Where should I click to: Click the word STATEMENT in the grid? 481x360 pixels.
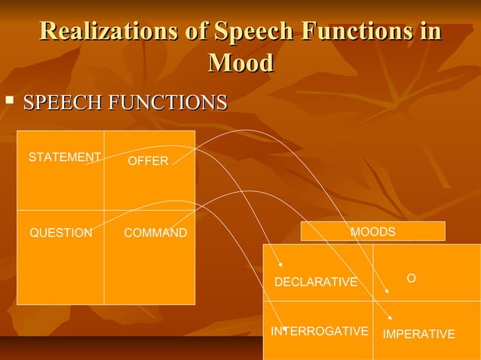click(x=64, y=157)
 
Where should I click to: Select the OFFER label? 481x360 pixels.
click(x=148, y=161)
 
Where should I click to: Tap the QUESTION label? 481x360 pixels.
click(x=60, y=233)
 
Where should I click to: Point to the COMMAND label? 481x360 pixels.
click(x=155, y=233)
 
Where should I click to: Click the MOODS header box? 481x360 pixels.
click(x=372, y=231)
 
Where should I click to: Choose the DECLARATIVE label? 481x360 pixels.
click(x=315, y=282)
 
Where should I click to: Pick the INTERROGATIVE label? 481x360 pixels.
click(x=320, y=331)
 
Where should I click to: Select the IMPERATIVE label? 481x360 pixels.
click(x=418, y=334)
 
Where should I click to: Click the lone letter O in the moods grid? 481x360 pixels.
click(x=411, y=278)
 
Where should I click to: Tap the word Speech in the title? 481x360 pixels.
click(x=252, y=32)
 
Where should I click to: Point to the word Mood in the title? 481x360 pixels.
click(x=240, y=63)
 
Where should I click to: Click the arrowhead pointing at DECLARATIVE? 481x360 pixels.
click(x=281, y=264)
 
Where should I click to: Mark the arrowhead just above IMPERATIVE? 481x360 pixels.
click(x=390, y=320)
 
